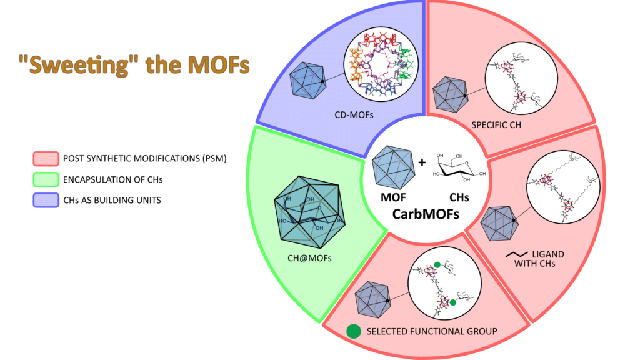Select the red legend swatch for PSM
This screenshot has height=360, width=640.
[46, 158]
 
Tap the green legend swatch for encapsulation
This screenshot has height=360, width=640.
[46, 180]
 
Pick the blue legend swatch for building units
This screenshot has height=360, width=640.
[46, 199]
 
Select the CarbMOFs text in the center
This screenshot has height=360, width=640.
[426, 214]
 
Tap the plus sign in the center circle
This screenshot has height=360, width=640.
[422, 163]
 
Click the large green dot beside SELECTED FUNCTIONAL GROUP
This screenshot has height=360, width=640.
[354, 331]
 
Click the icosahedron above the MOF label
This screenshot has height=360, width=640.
[391, 167]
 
